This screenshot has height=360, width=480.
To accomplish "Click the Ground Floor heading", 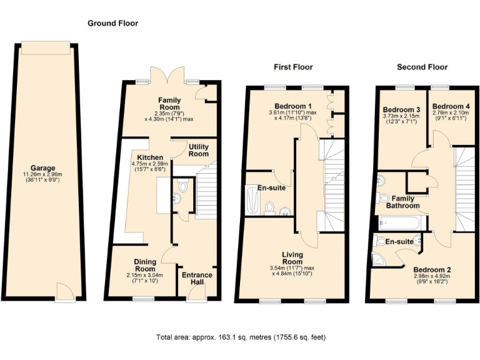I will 112,23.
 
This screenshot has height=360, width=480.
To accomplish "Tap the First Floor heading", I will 293,67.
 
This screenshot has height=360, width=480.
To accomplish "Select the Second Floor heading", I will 422,67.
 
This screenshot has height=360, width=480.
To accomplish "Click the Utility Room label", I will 199,149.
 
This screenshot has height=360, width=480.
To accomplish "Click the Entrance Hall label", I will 197,279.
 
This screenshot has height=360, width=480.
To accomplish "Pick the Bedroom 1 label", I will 293,105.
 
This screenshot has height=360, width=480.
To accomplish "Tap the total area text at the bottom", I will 240,337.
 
